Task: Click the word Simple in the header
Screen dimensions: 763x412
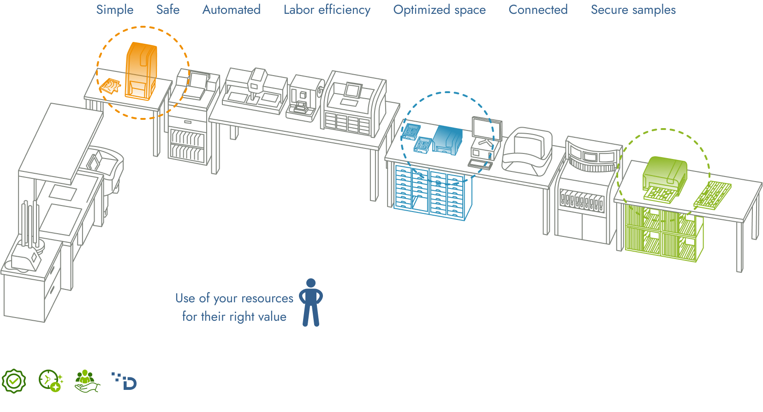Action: (x=115, y=10)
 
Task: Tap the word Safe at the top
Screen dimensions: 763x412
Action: (x=168, y=10)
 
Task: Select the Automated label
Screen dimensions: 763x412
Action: (x=232, y=10)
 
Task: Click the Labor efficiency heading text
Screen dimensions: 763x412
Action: (x=327, y=10)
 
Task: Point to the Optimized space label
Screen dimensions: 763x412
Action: (x=440, y=10)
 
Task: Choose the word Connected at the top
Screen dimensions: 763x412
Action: (x=538, y=10)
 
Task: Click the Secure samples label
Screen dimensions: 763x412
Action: (x=633, y=10)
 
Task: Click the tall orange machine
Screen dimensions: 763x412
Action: (x=141, y=71)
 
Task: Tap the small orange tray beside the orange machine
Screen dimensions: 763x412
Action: (x=110, y=86)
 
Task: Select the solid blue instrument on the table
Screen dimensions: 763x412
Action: (x=447, y=140)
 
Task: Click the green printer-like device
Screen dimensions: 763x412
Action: (x=665, y=179)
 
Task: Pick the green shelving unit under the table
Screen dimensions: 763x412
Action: (x=664, y=233)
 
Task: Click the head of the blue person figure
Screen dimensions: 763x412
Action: (x=311, y=283)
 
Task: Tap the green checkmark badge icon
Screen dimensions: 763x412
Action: (x=14, y=381)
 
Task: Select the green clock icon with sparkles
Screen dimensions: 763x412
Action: (x=51, y=381)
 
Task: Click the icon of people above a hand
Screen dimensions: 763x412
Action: (x=87, y=381)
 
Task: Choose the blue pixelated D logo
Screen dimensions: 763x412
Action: (x=125, y=381)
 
